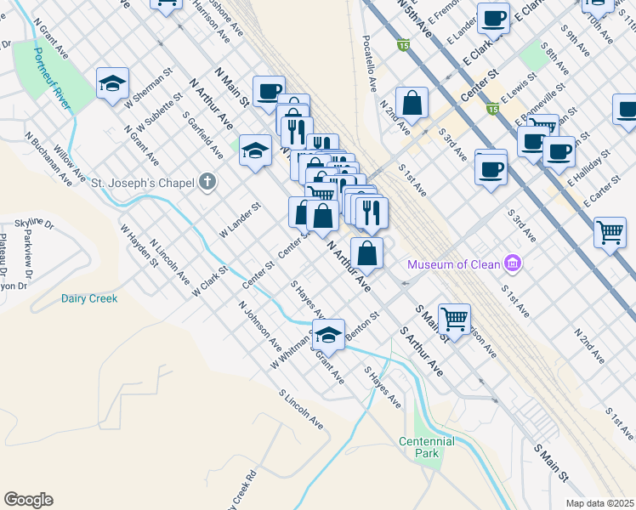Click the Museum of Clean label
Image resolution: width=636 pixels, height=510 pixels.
pyautogui.click(x=453, y=264)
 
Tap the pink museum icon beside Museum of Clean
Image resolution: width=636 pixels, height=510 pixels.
pyautogui.click(x=511, y=264)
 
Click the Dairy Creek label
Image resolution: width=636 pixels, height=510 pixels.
pyautogui.click(x=89, y=298)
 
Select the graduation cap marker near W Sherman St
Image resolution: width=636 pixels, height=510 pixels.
pyautogui.click(x=112, y=84)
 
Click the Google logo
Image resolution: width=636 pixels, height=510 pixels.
pyautogui.click(x=28, y=500)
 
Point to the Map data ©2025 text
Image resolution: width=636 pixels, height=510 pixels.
pyautogui.click(x=599, y=503)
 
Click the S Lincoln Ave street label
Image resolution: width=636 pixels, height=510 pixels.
pyautogui.click(x=301, y=408)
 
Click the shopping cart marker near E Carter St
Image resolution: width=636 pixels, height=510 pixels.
pyautogui.click(x=610, y=232)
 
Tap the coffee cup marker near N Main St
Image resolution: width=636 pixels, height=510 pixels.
pyautogui.click(x=269, y=91)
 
